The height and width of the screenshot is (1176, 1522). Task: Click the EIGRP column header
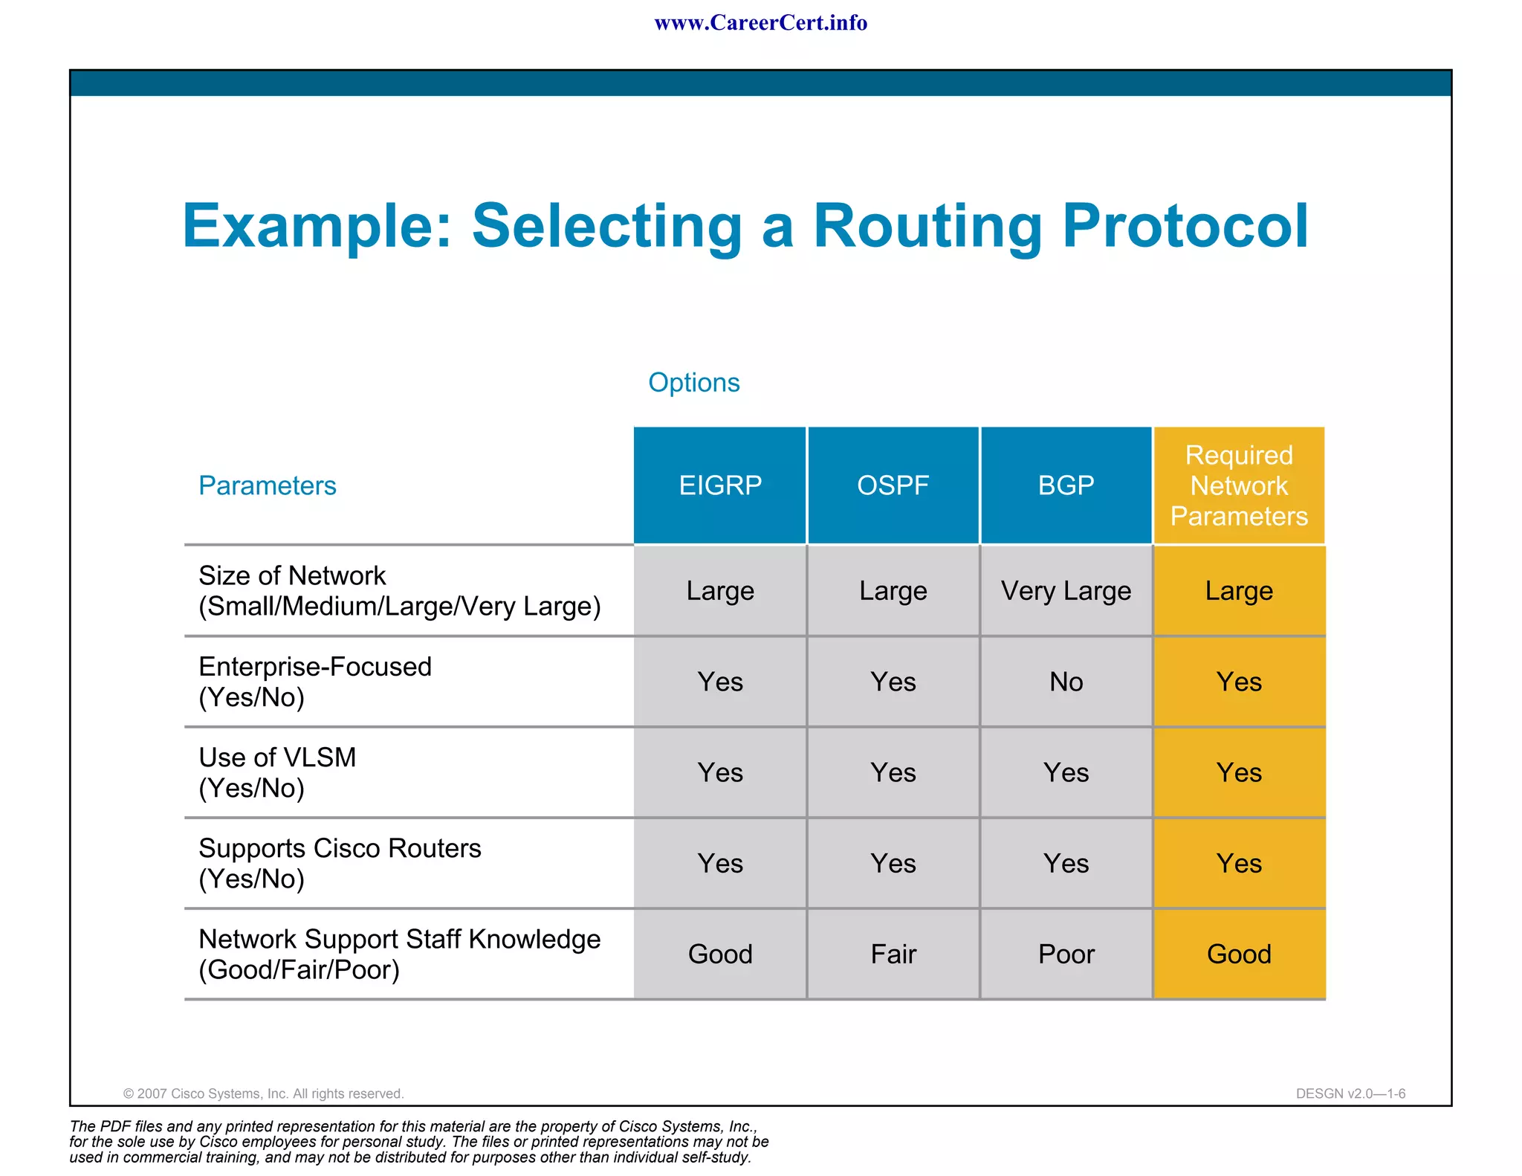[719, 485]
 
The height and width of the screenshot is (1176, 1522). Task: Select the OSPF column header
[893, 485]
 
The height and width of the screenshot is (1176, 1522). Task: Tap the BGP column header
[1066, 485]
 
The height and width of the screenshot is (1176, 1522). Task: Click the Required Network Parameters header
[1239, 485]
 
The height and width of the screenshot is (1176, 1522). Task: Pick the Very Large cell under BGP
[1066, 591]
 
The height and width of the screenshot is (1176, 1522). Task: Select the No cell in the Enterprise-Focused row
[1066, 682]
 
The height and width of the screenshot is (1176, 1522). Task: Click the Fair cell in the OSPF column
[893, 954]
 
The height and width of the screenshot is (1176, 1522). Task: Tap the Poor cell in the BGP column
[1066, 954]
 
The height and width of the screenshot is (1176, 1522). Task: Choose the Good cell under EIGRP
[719, 954]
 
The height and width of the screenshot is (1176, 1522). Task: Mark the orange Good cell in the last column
[1239, 954]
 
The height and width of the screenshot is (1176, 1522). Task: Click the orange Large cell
[1239, 591]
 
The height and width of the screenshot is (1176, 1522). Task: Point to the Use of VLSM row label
[277, 772]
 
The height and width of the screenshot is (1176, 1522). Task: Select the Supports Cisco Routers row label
[340, 863]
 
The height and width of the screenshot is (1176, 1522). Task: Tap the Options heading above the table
[693, 382]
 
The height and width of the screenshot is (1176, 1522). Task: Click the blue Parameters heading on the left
[267, 485]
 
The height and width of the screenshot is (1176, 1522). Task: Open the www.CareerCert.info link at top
[760, 23]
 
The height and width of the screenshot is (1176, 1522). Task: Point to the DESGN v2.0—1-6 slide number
[1350, 1093]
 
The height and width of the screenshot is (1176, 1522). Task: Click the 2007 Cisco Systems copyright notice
[263, 1093]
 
